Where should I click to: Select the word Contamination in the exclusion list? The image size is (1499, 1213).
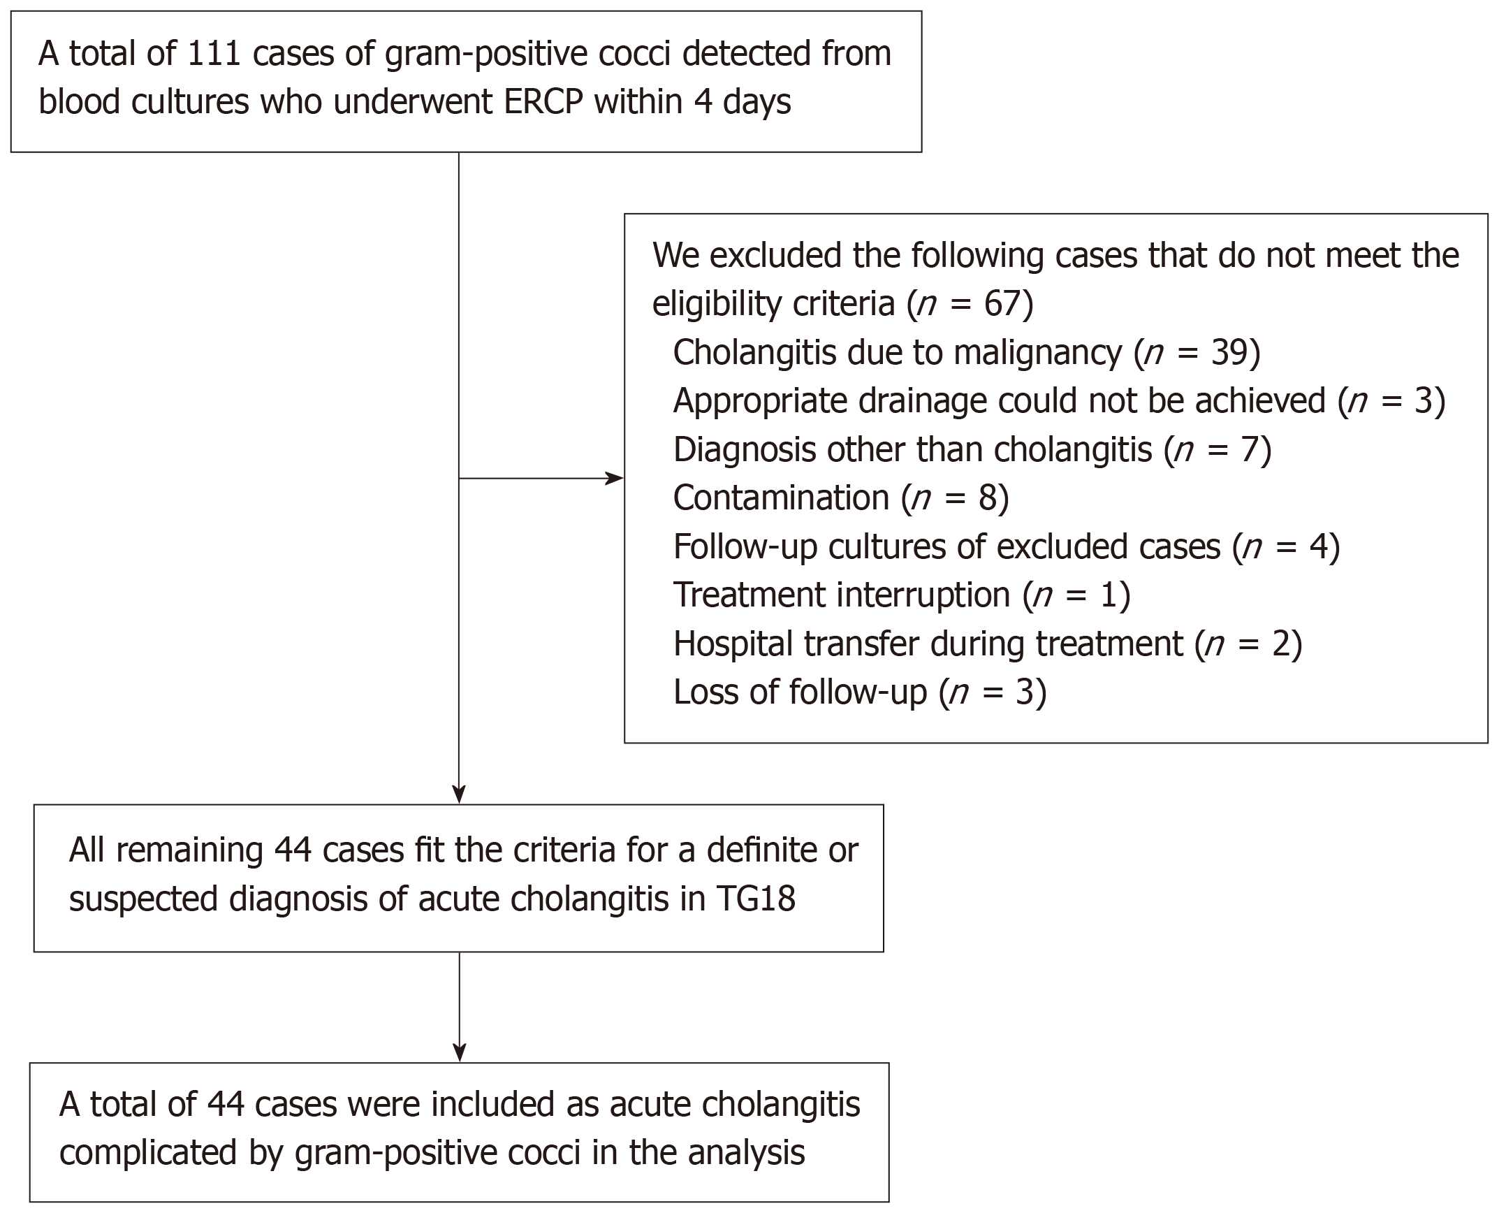pyautogui.click(x=781, y=498)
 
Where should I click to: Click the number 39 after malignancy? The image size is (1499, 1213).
pyautogui.click(x=1228, y=352)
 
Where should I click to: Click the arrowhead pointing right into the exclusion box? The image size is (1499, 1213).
pyautogui.click(x=615, y=479)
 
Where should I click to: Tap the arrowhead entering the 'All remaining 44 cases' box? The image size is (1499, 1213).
pyautogui.click(x=459, y=795)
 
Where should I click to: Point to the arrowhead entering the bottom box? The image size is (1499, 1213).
pyautogui.click(x=459, y=1054)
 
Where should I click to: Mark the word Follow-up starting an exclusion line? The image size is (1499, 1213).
pyautogui.click(x=745, y=547)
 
